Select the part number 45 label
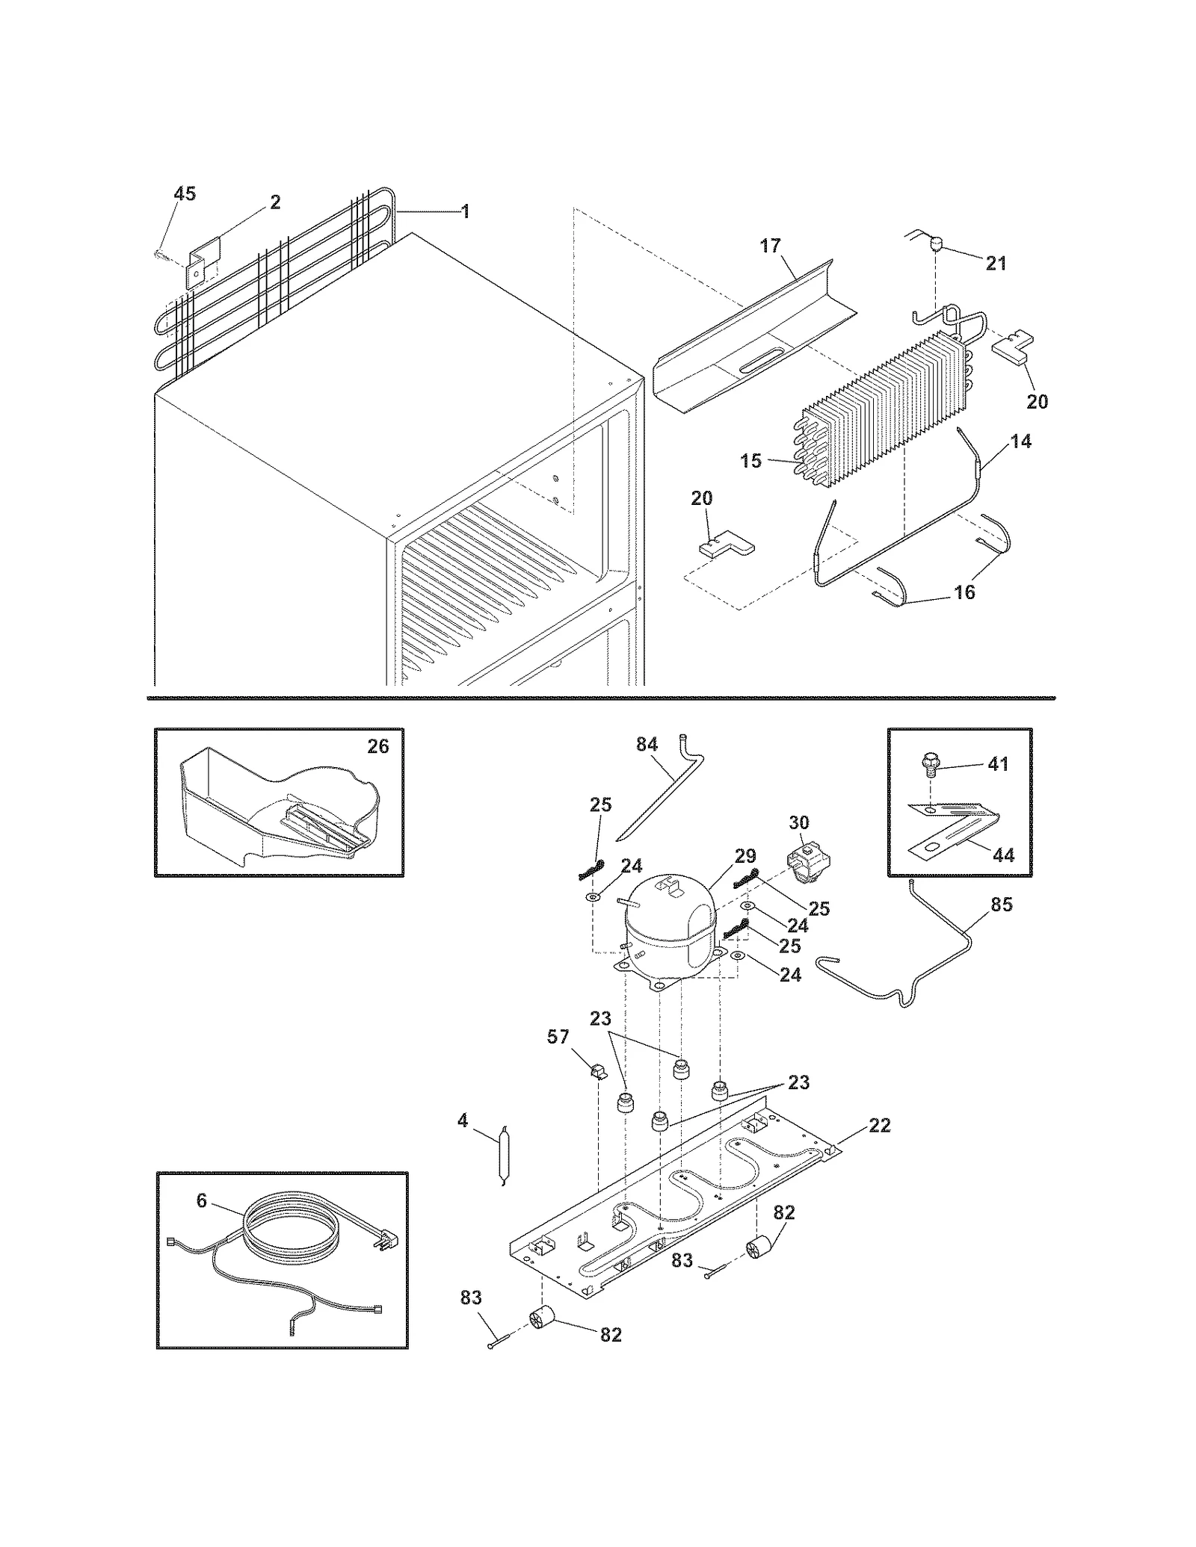coord(185,194)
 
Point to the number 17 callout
coord(771,246)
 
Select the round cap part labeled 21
coord(934,243)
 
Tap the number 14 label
coord(1021,441)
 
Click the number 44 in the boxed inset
coord(1004,855)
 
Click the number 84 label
coord(647,744)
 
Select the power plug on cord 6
coord(386,1243)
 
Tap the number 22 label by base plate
coord(880,1125)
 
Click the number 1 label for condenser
coord(465,211)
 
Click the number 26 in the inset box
coord(378,746)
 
